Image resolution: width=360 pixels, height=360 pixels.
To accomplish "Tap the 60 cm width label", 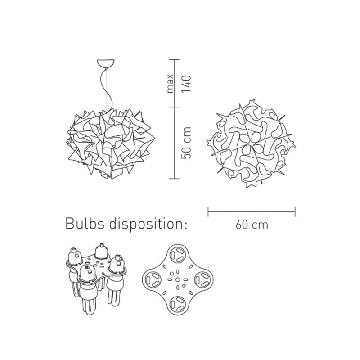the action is pos(252,225).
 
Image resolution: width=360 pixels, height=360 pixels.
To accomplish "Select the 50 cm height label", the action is pos(186,143).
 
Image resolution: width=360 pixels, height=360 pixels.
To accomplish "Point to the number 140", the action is pos(186,84).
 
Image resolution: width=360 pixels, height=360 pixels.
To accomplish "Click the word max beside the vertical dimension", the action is pos(170,83).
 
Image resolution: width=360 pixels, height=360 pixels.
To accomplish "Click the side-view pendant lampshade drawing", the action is pos(111,144).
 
